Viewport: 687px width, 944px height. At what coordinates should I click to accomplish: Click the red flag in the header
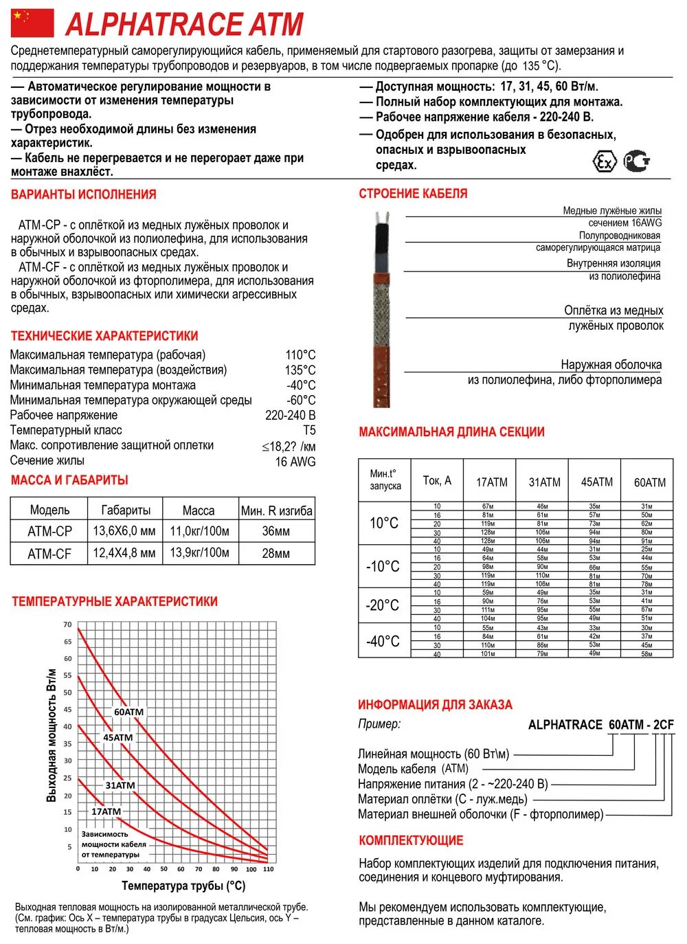click(x=32, y=23)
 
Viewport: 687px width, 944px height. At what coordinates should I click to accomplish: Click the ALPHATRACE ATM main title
click(x=184, y=24)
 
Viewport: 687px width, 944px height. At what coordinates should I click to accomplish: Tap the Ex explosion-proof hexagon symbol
click(x=605, y=162)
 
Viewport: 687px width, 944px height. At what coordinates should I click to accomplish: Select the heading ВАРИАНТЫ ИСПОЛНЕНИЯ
click(x=83, y=194)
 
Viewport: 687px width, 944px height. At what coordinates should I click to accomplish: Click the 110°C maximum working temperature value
click(x=300, y=355)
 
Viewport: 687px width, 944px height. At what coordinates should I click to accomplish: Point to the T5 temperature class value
click(x=309, y=430)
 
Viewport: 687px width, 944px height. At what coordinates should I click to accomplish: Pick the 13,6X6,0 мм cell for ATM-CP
click(x=124, y=531)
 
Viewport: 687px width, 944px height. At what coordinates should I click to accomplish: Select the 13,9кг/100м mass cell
click(x=199, y=553)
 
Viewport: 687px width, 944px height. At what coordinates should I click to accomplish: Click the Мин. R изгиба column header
click(x=276, y=510)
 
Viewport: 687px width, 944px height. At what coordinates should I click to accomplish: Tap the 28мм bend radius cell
click(x=276, y=553)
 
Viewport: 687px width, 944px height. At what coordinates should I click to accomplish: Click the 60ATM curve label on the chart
click(x=128, y=712)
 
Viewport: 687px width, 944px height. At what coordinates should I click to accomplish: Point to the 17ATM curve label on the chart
click(x=106, y=811)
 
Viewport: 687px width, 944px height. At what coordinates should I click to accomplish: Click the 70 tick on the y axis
click(x=67, y=625)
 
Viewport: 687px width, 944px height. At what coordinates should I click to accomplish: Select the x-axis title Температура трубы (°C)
click(x=183, y=886)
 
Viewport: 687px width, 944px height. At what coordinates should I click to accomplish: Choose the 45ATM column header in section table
click(x=596, y=482)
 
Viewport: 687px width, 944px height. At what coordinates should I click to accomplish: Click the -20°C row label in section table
click(x=383, y=605)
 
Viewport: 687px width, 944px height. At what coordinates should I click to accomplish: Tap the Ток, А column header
click(x=437, y=481)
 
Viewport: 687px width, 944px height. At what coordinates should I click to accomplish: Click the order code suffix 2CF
click(x=663, y=725)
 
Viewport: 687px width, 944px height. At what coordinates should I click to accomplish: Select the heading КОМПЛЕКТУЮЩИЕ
click(x=411, y=840)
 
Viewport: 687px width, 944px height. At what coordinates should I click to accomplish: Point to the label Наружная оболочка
click(x=611, y=365)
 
